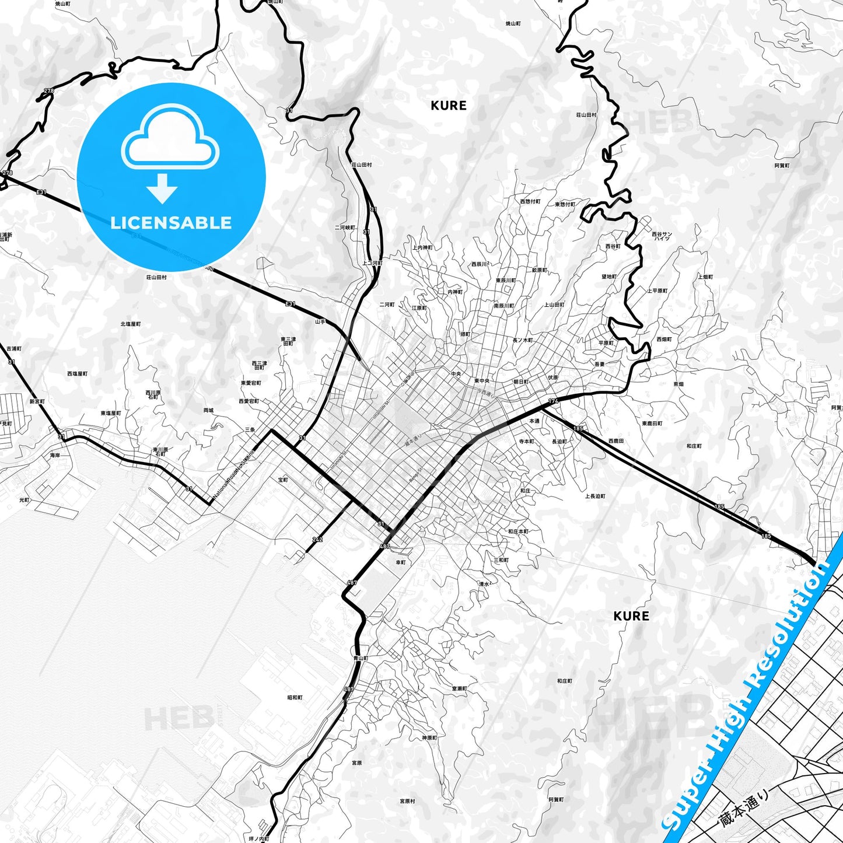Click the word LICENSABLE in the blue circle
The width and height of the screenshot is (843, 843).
(x=171, y=223)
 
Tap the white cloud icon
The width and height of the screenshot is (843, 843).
(x=170, y=139)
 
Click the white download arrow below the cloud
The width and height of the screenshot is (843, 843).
(x=162, y=188)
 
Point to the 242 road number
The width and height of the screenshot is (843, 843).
(x=317, y=540)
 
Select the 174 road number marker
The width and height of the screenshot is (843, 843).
(x=553, y=401)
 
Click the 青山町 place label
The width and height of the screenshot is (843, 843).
(x=361, y=658)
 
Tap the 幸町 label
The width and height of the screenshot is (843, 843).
(x=401, y=562)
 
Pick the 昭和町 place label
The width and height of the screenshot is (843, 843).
(x=295, y=697)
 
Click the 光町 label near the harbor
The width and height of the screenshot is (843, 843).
(x=24, y=500)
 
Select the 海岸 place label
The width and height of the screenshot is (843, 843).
(x=55, y=455)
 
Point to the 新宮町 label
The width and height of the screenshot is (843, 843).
(x=37, y=401)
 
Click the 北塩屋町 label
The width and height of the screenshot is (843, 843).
(x=131, y=324)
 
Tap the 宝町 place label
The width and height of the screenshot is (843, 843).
(x=283, y=480)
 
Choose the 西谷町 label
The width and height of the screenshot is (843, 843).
(x=613, y=246)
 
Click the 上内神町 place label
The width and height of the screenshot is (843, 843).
(x=422, y=247)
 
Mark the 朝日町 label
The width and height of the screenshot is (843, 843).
(x=521, y=382)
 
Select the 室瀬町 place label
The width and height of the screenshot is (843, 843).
(x=459, y=688)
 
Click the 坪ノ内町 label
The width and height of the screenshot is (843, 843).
(x=258, y=838)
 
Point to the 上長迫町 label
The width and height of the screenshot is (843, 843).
(x=595, y=496)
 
